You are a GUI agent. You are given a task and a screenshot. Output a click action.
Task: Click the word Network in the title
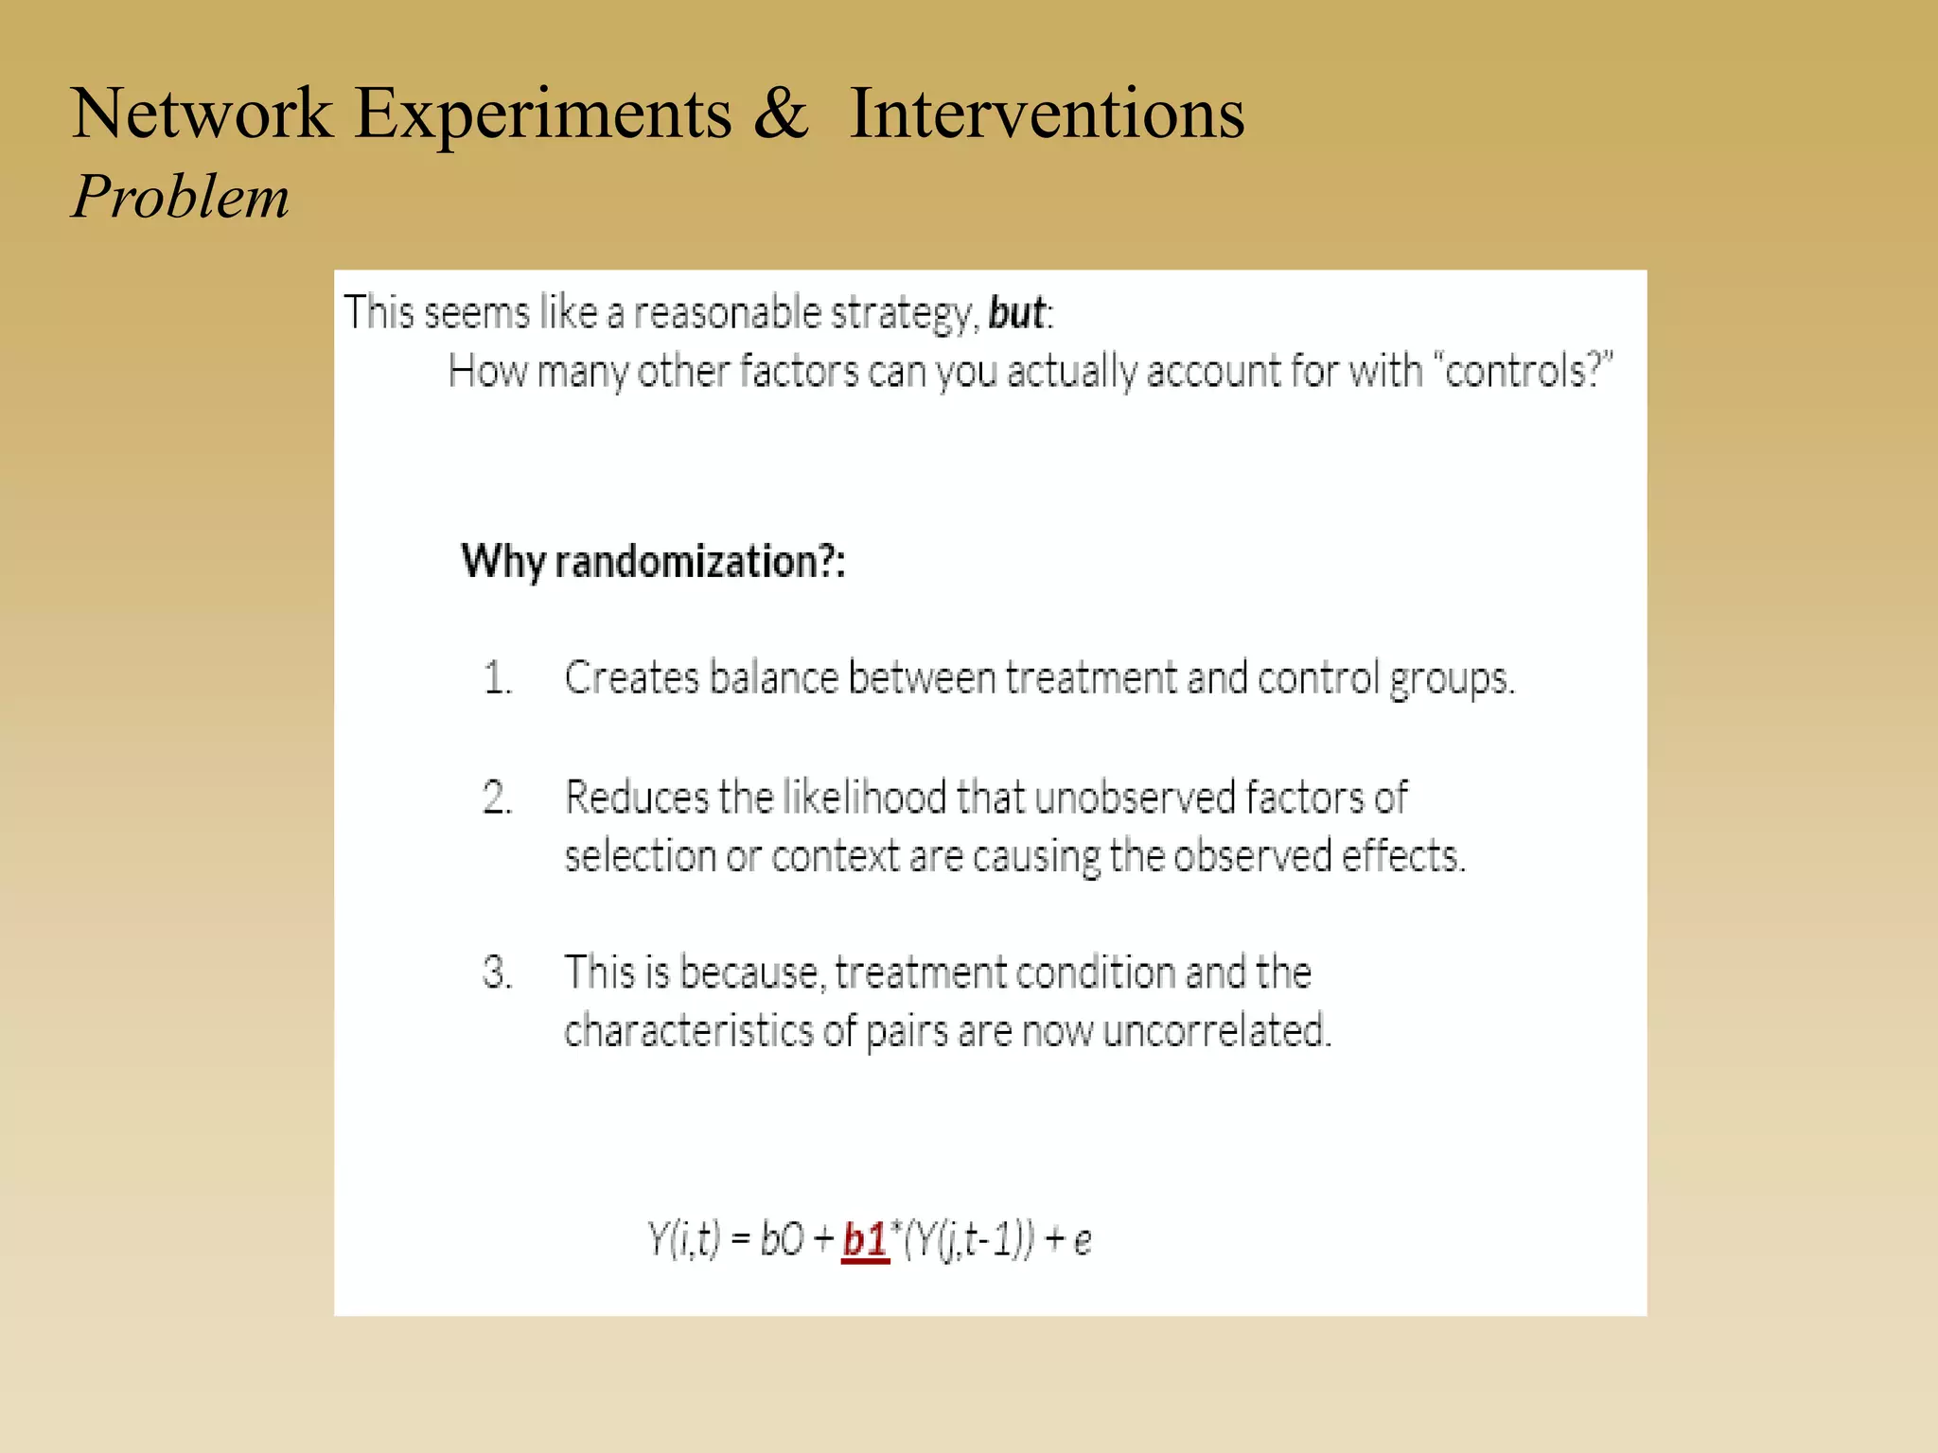tap(202, 114)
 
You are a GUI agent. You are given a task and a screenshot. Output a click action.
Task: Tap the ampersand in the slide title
tap(781, 114)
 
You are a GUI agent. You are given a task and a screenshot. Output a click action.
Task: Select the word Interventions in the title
tap(1047, 114)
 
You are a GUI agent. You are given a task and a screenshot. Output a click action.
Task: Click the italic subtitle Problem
tap(180, 198)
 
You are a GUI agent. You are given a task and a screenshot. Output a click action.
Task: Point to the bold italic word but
tap(1016, 313)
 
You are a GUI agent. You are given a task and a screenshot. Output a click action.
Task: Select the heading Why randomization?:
tap(653, 562)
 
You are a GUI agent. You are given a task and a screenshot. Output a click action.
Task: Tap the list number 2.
tap(497, 797)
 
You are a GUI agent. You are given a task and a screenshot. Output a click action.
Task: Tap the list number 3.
tap(497, 972)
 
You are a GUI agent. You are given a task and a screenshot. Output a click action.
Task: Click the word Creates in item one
tap(631, 678)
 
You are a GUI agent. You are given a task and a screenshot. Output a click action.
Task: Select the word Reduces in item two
tap(636, 797)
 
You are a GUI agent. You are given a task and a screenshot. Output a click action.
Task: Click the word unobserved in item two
tap(1135, 797)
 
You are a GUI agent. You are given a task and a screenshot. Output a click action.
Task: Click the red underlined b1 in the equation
tap(865, 1239)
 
